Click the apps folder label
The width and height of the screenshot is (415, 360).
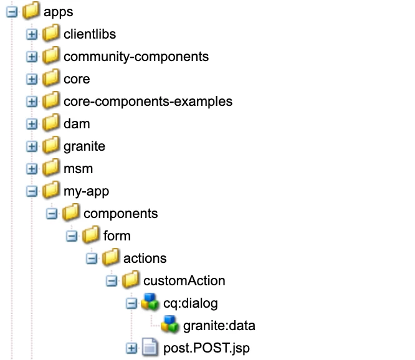60,12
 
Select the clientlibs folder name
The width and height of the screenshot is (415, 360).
90,34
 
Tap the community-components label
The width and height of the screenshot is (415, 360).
136,57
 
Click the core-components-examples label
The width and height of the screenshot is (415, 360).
148,102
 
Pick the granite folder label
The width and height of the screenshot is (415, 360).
84,146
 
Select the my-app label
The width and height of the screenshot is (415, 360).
86,191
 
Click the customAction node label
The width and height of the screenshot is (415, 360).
184,281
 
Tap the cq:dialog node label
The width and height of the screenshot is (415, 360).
190,303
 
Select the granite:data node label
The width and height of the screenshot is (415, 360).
219,326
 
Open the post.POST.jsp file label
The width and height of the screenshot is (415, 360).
206,348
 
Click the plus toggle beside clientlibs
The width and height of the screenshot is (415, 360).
31,34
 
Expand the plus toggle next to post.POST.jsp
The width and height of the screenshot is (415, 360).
131,348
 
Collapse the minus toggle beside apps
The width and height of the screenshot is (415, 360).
11,12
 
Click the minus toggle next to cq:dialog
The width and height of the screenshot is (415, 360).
131,303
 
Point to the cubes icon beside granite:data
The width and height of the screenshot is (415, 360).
169,325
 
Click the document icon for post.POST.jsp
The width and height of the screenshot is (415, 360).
149,348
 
